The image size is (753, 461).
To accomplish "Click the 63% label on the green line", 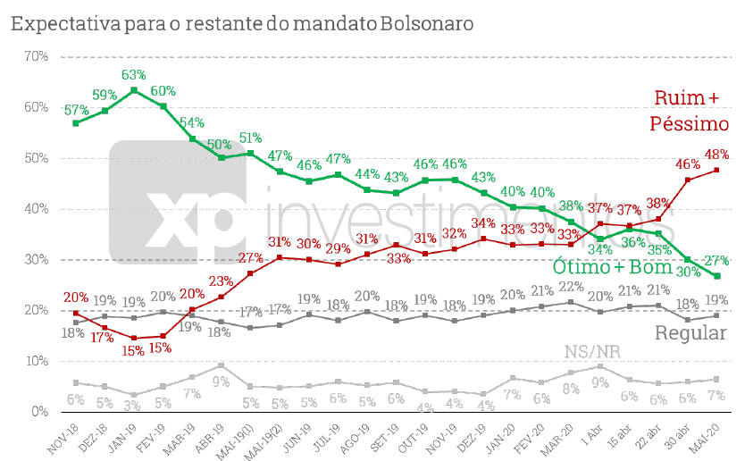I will point(134,75).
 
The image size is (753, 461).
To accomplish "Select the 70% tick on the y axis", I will point(35,56).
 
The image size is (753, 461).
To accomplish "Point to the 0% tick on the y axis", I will point(38,412).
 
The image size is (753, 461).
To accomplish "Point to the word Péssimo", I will point(690,123).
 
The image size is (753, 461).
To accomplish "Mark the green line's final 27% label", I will point(716,261).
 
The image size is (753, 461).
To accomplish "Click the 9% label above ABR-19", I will point(220,380).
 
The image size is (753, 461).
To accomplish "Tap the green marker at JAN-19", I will point(134,90).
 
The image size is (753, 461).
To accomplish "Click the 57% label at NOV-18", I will point(75,110).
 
